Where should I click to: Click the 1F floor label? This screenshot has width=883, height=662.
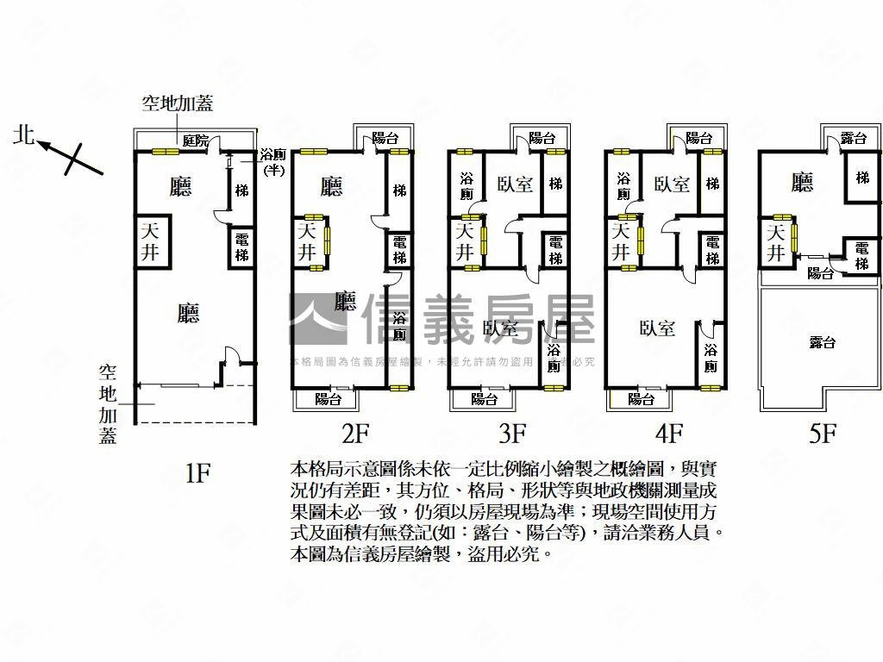point(197,472)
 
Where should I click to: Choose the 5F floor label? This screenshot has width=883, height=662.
point(824,433)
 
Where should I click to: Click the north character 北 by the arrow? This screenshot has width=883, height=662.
point(24,135)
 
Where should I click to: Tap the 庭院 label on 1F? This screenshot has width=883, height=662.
point(196,141)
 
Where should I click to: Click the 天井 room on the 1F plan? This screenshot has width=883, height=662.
point(151,241)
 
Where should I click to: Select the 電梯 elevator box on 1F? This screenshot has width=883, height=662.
point(242,248)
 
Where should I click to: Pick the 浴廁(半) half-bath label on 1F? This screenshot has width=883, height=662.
point(273,161)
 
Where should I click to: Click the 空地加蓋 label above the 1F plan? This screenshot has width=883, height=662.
point(178,104)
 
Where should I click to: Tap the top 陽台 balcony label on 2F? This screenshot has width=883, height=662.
point(385,138)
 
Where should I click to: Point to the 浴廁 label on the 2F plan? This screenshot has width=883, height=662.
point(399,326)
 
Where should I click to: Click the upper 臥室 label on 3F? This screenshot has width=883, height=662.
point(515,184)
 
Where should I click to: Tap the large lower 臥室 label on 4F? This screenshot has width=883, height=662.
point(657,328)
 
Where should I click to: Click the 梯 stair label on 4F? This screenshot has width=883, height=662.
point(712,184)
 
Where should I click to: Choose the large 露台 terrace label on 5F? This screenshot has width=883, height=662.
point(823,343)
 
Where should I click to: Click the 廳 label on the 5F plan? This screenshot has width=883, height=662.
point(802,182)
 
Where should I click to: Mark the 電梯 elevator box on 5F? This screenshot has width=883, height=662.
point(862,255)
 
